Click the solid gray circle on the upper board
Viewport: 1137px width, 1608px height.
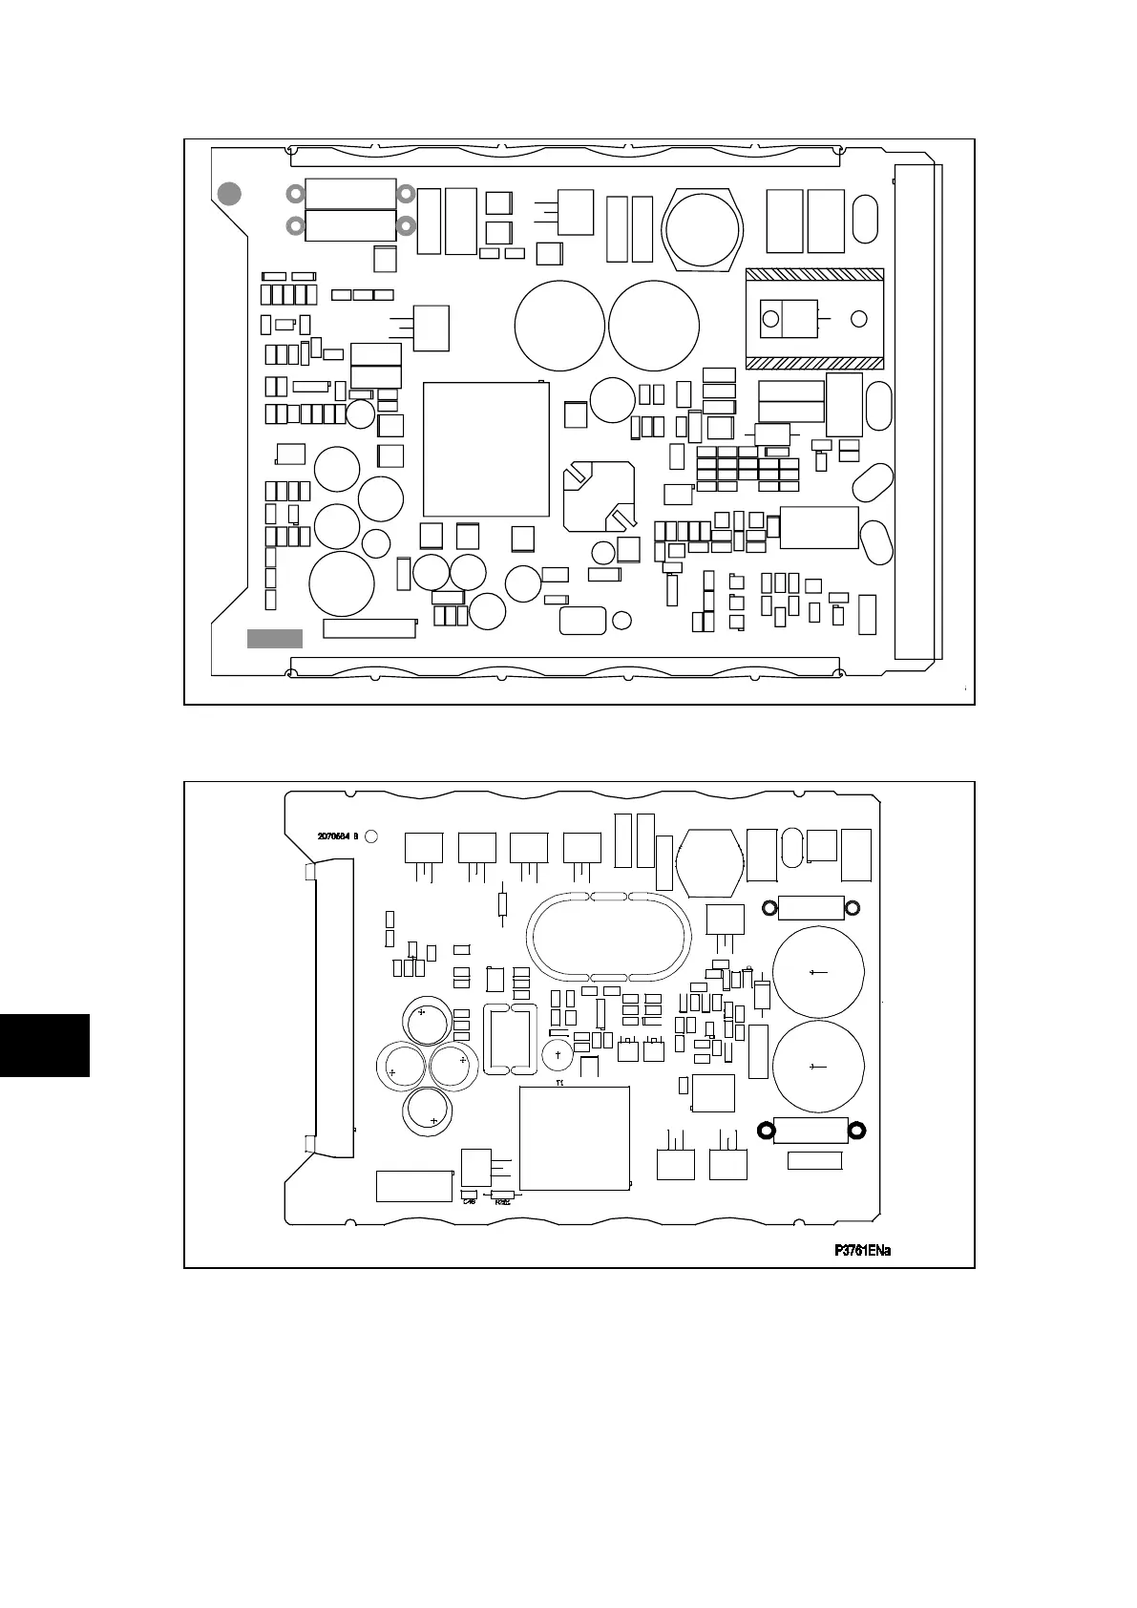pyautogui.click(x=228, y=194)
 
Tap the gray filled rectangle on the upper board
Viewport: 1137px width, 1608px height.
pyautogui.click(x=275, y=639)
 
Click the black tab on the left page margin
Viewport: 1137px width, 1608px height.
pyautogui.click(x=44, y=1046)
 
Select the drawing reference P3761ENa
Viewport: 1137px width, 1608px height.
pyautogui.click(x=862, y=1251)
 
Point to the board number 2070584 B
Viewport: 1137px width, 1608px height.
pyautogui.click(x=337, y=836)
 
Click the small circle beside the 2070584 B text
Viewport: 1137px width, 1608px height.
pyautogui.click(x=371, y=836)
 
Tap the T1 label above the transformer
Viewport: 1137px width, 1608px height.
pyautogui.click(x=559, y=1083)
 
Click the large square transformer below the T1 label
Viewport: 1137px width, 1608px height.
pyautogui.click(x=574, y=1138)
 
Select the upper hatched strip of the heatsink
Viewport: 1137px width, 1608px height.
pyautogui.click(x=814, y=275)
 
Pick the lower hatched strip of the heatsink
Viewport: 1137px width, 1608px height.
pyautogui.click(x=814, y=363)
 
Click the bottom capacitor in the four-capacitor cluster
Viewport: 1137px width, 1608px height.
pyautogui.click(x=429, y=1111)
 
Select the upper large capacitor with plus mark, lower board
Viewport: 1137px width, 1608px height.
pyautogui.click(x=818, y=972)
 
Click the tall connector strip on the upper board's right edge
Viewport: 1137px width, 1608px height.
pyautogui.click(x=917, y=412)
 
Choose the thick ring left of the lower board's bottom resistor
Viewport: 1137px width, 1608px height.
pyautogui.click(x=765, y=1131)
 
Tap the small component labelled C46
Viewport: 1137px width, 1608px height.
pyautogui.click(x=469, y=1195)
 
